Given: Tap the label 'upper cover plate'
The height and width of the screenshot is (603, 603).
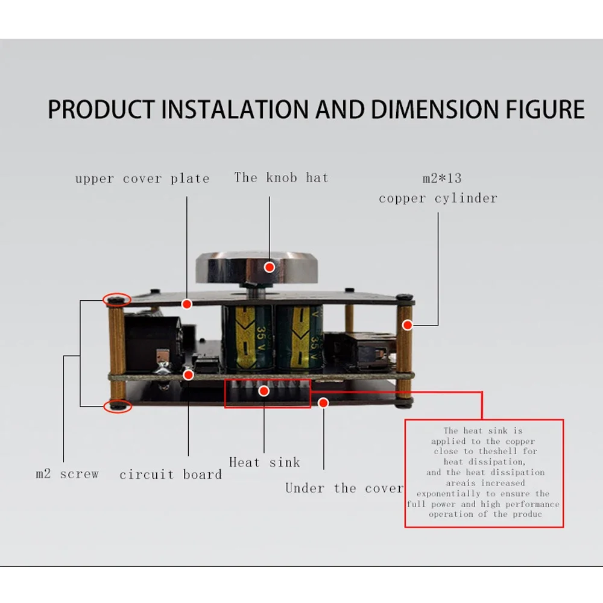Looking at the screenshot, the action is tap(142, 179).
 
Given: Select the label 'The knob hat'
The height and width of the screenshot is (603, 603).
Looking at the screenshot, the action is tap(281, 178).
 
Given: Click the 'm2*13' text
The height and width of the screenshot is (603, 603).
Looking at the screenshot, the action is tap(442, 178).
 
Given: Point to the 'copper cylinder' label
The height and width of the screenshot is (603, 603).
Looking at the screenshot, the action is tap(438, 198).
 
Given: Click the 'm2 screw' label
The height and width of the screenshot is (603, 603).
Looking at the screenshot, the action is tap(68, 474).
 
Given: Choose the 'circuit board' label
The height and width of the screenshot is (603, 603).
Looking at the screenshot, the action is tap(171, 475).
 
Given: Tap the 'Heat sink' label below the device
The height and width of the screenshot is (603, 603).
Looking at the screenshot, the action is tap(265, 462).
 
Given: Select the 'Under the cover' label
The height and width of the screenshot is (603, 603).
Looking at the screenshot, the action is tap(344, 488).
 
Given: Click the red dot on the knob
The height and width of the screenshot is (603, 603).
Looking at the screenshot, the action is tap(270, 267).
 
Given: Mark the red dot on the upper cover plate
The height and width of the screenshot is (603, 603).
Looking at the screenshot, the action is tap(187, 304).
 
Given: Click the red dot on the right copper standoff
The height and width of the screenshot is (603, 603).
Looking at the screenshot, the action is tap(407, 325).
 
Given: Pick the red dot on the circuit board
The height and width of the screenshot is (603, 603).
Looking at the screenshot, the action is tap(188, 375).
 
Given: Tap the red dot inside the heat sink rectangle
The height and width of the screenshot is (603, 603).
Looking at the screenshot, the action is tap(264, 391).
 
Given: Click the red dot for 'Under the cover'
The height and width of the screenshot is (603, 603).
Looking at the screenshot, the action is tap(323, 403).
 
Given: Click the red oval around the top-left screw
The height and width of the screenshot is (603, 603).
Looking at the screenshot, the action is tap(118, 294).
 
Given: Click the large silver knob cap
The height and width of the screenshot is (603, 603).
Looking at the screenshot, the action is tap(257, 268).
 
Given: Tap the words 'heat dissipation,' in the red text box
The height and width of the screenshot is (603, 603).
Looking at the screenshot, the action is tap(485, 462).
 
